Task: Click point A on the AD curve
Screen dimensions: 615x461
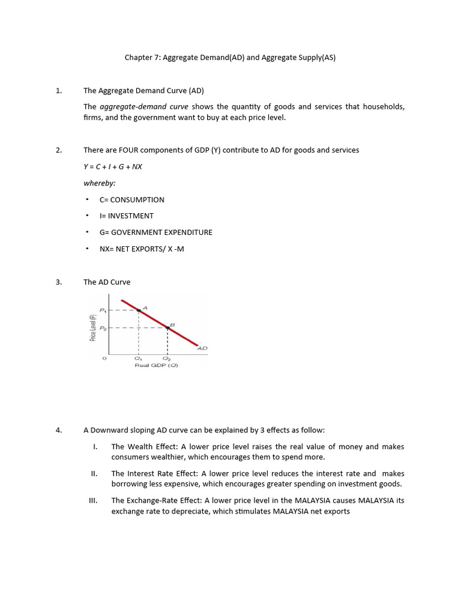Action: pyautogui.click(x=139, y=310)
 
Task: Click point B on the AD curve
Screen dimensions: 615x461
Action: pyautogui.click(x=167, y=327)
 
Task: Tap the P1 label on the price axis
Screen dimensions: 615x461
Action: pyautogui.click(x=103, y=310)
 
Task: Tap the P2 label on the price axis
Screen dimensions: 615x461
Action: pyautogui.click(x=103, y=328)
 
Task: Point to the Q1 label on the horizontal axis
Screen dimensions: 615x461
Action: pyautogui.click(x=139, y=359)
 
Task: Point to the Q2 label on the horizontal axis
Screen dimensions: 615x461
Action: pyautogui.click(x=166, y=359)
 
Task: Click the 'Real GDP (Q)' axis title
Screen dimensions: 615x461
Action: pyautogui.click(x=156, y=365)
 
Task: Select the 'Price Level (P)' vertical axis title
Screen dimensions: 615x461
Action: pyautogui.click(x=93, y=327)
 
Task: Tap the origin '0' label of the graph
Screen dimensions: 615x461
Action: pyautogui.click(x=104, y=359)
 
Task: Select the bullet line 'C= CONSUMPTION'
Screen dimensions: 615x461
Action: pyautogui.click(x=131, y=199)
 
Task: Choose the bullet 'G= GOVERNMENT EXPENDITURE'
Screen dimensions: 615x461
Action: pyautogui.click(x=155, y=232)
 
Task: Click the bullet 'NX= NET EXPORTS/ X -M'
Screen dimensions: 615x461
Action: pyautogui.click(x=142, y=249)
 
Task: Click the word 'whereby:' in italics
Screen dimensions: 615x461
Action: pyautogui.click(x=99, y=183)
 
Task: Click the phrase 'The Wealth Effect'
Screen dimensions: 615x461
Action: pyautogui.click(x=142, y=446)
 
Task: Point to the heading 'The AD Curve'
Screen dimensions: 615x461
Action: pyautogui.click(x=107, y=282)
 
